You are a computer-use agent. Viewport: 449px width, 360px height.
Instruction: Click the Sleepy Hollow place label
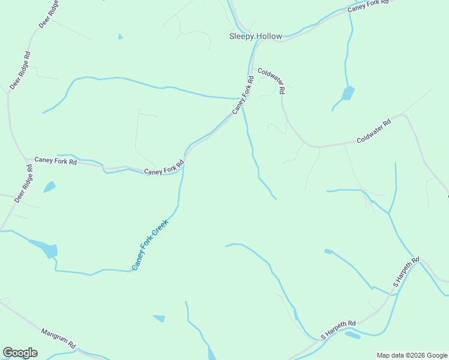(x=256, y=36)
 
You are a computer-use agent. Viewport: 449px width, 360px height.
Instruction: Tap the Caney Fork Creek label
(x=150, y=245)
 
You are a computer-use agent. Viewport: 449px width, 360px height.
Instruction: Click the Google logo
(x=20, y=353)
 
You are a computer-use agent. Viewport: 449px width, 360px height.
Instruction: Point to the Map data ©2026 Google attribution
(x=412, y=355)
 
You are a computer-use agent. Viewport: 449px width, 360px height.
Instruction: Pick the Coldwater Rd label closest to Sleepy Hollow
(x=271, y=80)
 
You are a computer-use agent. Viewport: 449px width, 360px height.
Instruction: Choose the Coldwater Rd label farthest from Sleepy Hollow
(x=373, y=131)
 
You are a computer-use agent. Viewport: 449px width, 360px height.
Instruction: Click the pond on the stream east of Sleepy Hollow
(x=348, y=93)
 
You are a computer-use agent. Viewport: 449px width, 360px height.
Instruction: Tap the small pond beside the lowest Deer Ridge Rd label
(x=49, y=187)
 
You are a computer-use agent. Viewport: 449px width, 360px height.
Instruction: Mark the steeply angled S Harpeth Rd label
(x=405, y=274)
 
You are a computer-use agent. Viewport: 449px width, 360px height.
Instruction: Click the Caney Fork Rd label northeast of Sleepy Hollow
(x=369, y=6)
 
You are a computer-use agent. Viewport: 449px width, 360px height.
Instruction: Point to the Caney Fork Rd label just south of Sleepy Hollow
(x=243, y=95)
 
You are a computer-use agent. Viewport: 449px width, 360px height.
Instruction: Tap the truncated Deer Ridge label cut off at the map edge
(x=49, y=14)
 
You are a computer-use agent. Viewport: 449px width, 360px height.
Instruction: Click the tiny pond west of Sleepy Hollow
(x=121, y=37)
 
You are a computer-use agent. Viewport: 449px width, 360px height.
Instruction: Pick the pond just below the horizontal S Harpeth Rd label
(x=353, y=335)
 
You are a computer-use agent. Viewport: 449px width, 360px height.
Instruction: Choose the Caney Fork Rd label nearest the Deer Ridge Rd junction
(x=56, y=161)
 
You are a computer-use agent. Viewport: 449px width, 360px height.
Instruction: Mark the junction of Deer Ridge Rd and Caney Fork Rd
(x=27, y=160)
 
